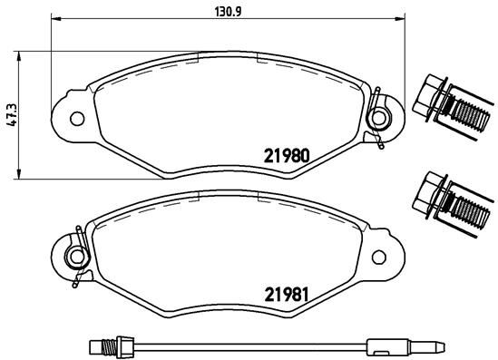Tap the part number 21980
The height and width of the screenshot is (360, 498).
288,155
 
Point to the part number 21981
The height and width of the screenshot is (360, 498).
288,294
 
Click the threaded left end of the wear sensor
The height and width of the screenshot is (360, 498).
103,345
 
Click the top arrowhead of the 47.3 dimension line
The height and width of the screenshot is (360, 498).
21,54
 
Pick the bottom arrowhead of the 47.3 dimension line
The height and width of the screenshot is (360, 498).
21,175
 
